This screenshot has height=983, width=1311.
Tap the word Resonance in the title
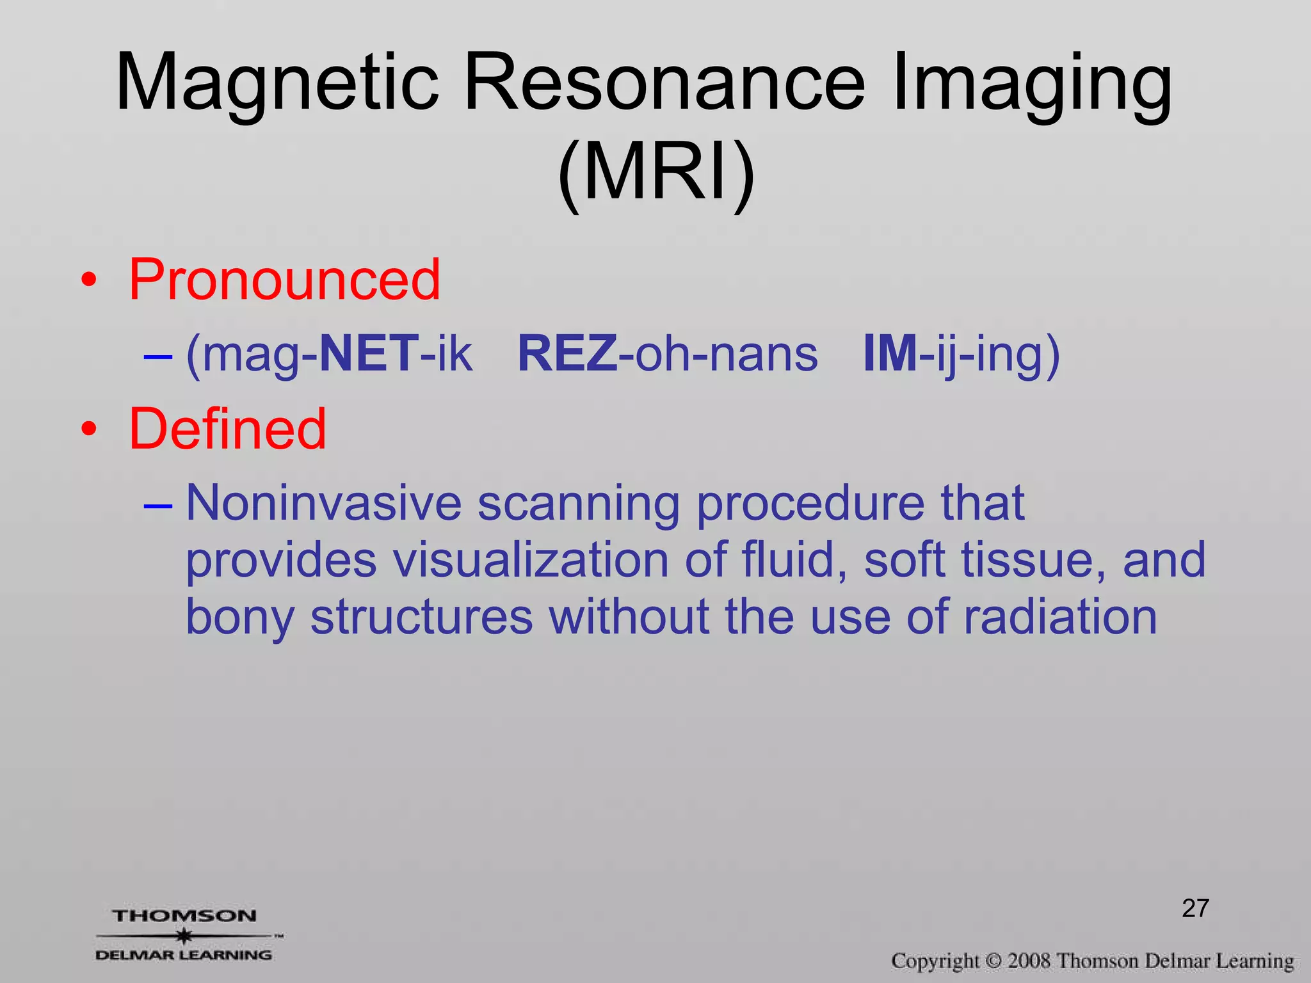click(x=664, y=83)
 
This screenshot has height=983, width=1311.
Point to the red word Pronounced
click(x=285, y=280)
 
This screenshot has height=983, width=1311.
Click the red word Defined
click(x=228, y=429)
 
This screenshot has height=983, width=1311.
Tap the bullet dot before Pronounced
click(x=89, y=280)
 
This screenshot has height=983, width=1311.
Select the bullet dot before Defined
click(x=89, y=429)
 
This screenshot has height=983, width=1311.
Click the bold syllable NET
click(x=369, y=354)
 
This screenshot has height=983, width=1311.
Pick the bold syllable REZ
click(x=567, y=354)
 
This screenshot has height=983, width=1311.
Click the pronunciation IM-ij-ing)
click(x=961, y=354)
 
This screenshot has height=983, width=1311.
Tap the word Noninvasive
click(x=323, y=503)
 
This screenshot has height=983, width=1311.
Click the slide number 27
click(x=1195, y=908)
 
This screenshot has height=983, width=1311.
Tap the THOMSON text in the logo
click(x=184, y=916)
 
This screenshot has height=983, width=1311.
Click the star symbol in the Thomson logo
click(x=184, y=936)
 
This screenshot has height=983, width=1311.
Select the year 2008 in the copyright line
click(x=1029, y=961)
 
